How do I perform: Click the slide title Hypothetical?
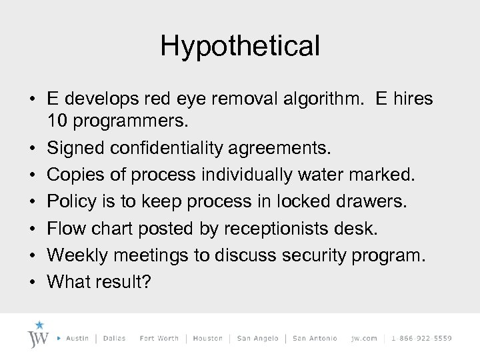(x=240, y=46)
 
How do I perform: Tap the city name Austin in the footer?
(x=79, y=339)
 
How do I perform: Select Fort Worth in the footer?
(x=159, y=339)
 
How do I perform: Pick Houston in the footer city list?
(x=207, y=339)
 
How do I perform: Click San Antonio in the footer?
(x=315, y=339)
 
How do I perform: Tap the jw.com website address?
(x=363, y=339)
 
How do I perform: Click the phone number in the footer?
(x=422, y=339)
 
